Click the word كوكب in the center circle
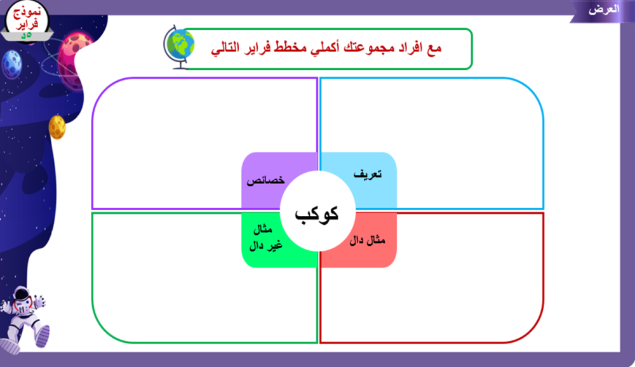tap(316, 214)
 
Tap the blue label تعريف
tap(367, 174)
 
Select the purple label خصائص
tap(265, 180)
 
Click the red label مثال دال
tap(367, 241)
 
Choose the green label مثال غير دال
tap(265, 237)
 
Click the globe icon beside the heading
tap(178, 47)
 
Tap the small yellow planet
tap(57, 127)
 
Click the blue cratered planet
tap(11, 64)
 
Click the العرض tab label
tap(604, 10)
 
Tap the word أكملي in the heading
tap(326, 48)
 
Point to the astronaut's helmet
tap(22, 300)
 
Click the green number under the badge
tap(26, 36)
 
